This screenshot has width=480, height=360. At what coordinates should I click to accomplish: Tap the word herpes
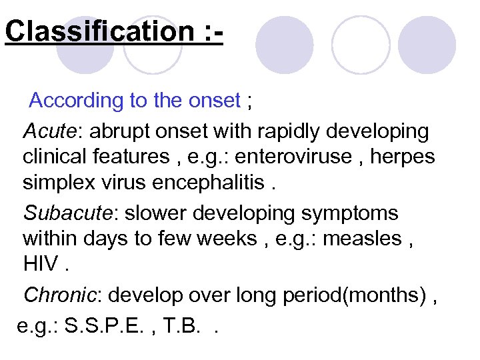point(404,157)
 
